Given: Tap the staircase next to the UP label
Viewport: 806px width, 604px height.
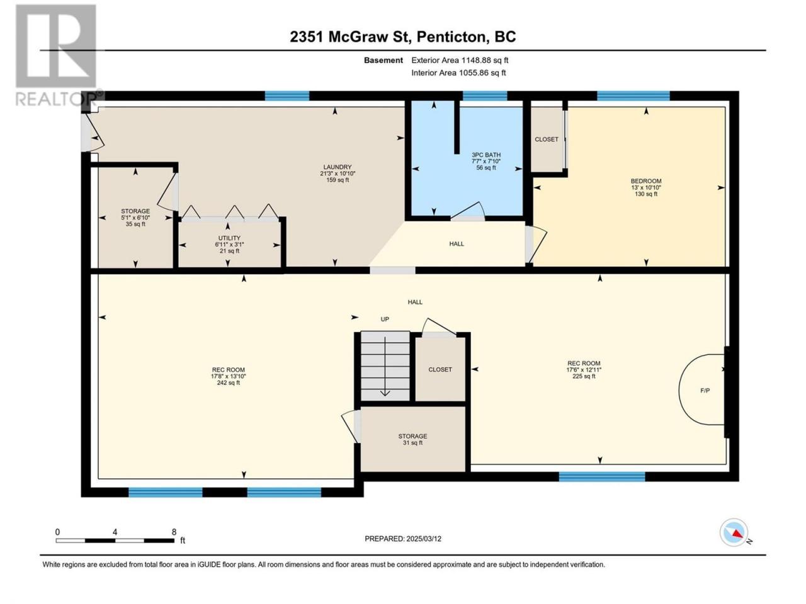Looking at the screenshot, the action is [x=385, y=366].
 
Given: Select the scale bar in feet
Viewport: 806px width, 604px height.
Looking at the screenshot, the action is [x=115, y=540].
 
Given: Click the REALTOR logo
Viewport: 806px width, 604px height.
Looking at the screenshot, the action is [x=56, y=55].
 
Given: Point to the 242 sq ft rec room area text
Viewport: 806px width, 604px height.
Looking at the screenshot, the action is [x=228, y=383].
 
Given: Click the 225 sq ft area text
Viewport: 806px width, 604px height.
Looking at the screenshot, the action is [x=584, y=376].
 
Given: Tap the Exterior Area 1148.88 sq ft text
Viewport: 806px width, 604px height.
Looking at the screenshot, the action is [x=460, y=60].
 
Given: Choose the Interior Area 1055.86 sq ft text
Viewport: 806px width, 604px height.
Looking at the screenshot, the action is [x=458, y=72].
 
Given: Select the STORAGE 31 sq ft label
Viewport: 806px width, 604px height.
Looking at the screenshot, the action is [x=412, y=439].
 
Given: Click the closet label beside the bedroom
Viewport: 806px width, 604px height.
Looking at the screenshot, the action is [x=547, y=139].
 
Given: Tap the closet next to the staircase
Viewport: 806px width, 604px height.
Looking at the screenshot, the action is [x=440, y=369].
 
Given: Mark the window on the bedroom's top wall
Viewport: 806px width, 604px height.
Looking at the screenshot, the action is [x=633, y=96].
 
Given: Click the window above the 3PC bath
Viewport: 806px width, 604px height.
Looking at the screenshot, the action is [x=485, y=96].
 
